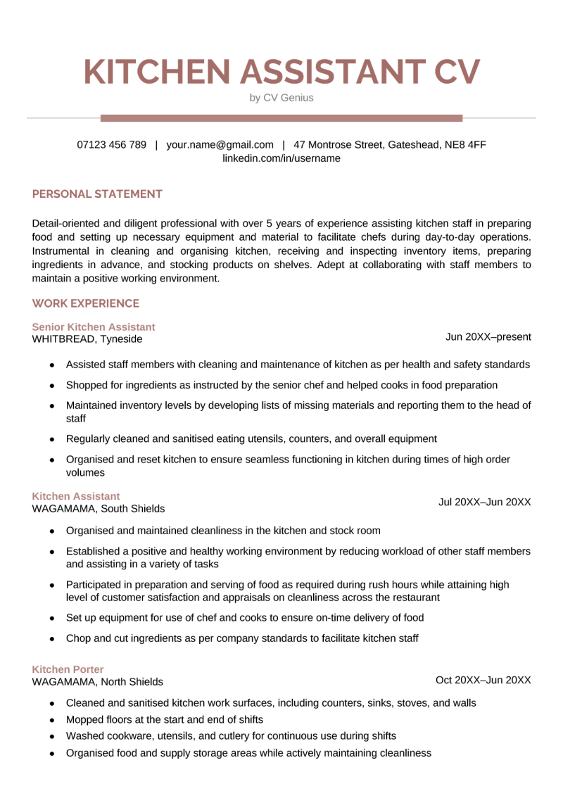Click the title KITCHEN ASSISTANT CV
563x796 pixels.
click(281, 72)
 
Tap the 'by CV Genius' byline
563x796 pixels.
click(281, 98)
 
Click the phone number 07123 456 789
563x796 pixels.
click(112, 145)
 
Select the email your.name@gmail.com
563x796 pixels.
click(220, 145)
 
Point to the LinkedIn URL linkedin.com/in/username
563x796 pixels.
click(281, 158)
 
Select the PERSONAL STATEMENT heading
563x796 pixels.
click(97, 194)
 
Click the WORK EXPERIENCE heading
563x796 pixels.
click(86, 303)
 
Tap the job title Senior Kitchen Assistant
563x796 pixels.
click(94, 327)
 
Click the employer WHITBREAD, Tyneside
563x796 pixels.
click(87, 339)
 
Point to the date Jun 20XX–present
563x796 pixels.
click(488, 337)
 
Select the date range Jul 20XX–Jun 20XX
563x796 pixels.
click(484, 502)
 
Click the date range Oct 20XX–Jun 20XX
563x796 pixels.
click(483, 680)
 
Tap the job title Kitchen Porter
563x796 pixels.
click(68, 669)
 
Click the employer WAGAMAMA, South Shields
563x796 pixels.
click(99, 508)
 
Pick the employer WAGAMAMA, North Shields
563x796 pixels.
click(98, 681)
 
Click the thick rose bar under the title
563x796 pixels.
click(281, 118)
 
